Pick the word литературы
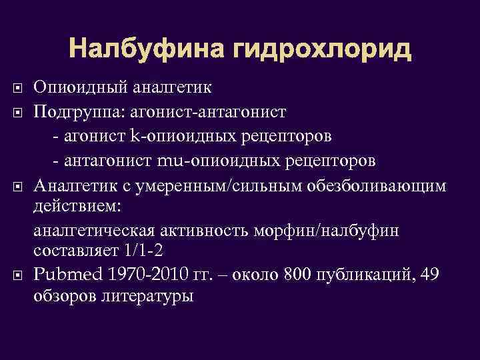(x=149, y=297)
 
